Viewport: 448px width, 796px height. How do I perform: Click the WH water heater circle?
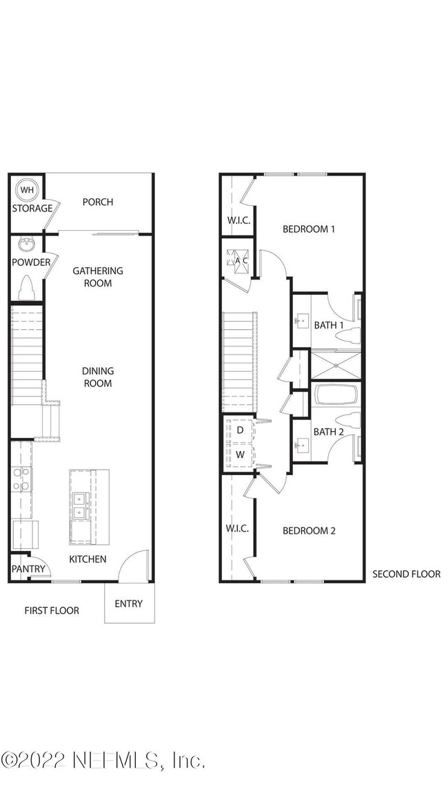pyautogui.click(x=27, y=189)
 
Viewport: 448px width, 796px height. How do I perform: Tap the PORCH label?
pyautogui.click(x=97, y=202)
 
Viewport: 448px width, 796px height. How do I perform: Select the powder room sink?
pyautogui.click(x=27, y=244)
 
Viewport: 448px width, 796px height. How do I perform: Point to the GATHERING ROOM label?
pyautogui.click(x=98, y=277)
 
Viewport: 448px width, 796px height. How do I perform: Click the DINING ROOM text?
pyautogui.click(x=98, y=377)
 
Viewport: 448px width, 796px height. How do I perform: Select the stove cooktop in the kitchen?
pyautogui.click(x=21, y=479)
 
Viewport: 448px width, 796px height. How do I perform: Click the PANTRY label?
pyautogui.click(x=28, y=569)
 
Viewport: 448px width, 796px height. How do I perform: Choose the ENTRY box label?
pyautogui.click(x=129, y=604)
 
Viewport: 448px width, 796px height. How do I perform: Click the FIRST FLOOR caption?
pyautogui.click(x=52, y=610)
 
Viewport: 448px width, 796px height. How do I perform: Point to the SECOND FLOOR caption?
pyautogui.click(x=406, y=574)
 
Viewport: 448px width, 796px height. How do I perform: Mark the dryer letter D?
pyautogui.click(x=240, y=430)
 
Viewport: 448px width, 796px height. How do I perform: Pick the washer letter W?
pyautogui.click(x=240, y=455)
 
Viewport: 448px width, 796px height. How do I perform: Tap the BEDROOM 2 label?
pyautogui.click(x=309, y=531)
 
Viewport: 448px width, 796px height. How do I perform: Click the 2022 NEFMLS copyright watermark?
pyautogui.click(x=103, y=760)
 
